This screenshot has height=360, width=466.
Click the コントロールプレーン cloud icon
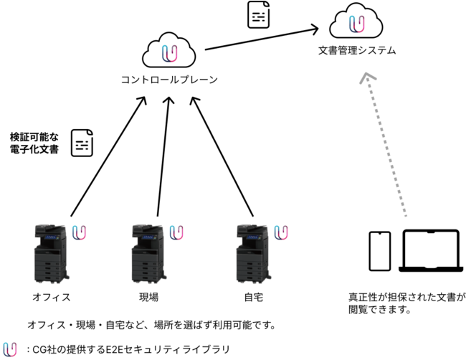click(x=169, y=51)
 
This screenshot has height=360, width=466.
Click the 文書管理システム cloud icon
click(x=356, y=23)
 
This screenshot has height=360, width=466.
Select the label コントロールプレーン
click(x=169, y=80)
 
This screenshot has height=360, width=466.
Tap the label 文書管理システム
click(x=356, y=52)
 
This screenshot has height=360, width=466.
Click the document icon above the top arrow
click(x=260, y=15)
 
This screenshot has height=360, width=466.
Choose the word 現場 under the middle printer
click(x=148, y=296)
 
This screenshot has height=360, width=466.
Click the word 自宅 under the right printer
click(x=252, y=296)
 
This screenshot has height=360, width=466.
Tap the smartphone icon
click(x=379, y=251)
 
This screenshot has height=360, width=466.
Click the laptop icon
click(x=430, y=251)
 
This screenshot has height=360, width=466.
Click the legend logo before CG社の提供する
click(x=10, y=349)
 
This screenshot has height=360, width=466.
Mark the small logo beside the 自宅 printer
click(x=282, y=232)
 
